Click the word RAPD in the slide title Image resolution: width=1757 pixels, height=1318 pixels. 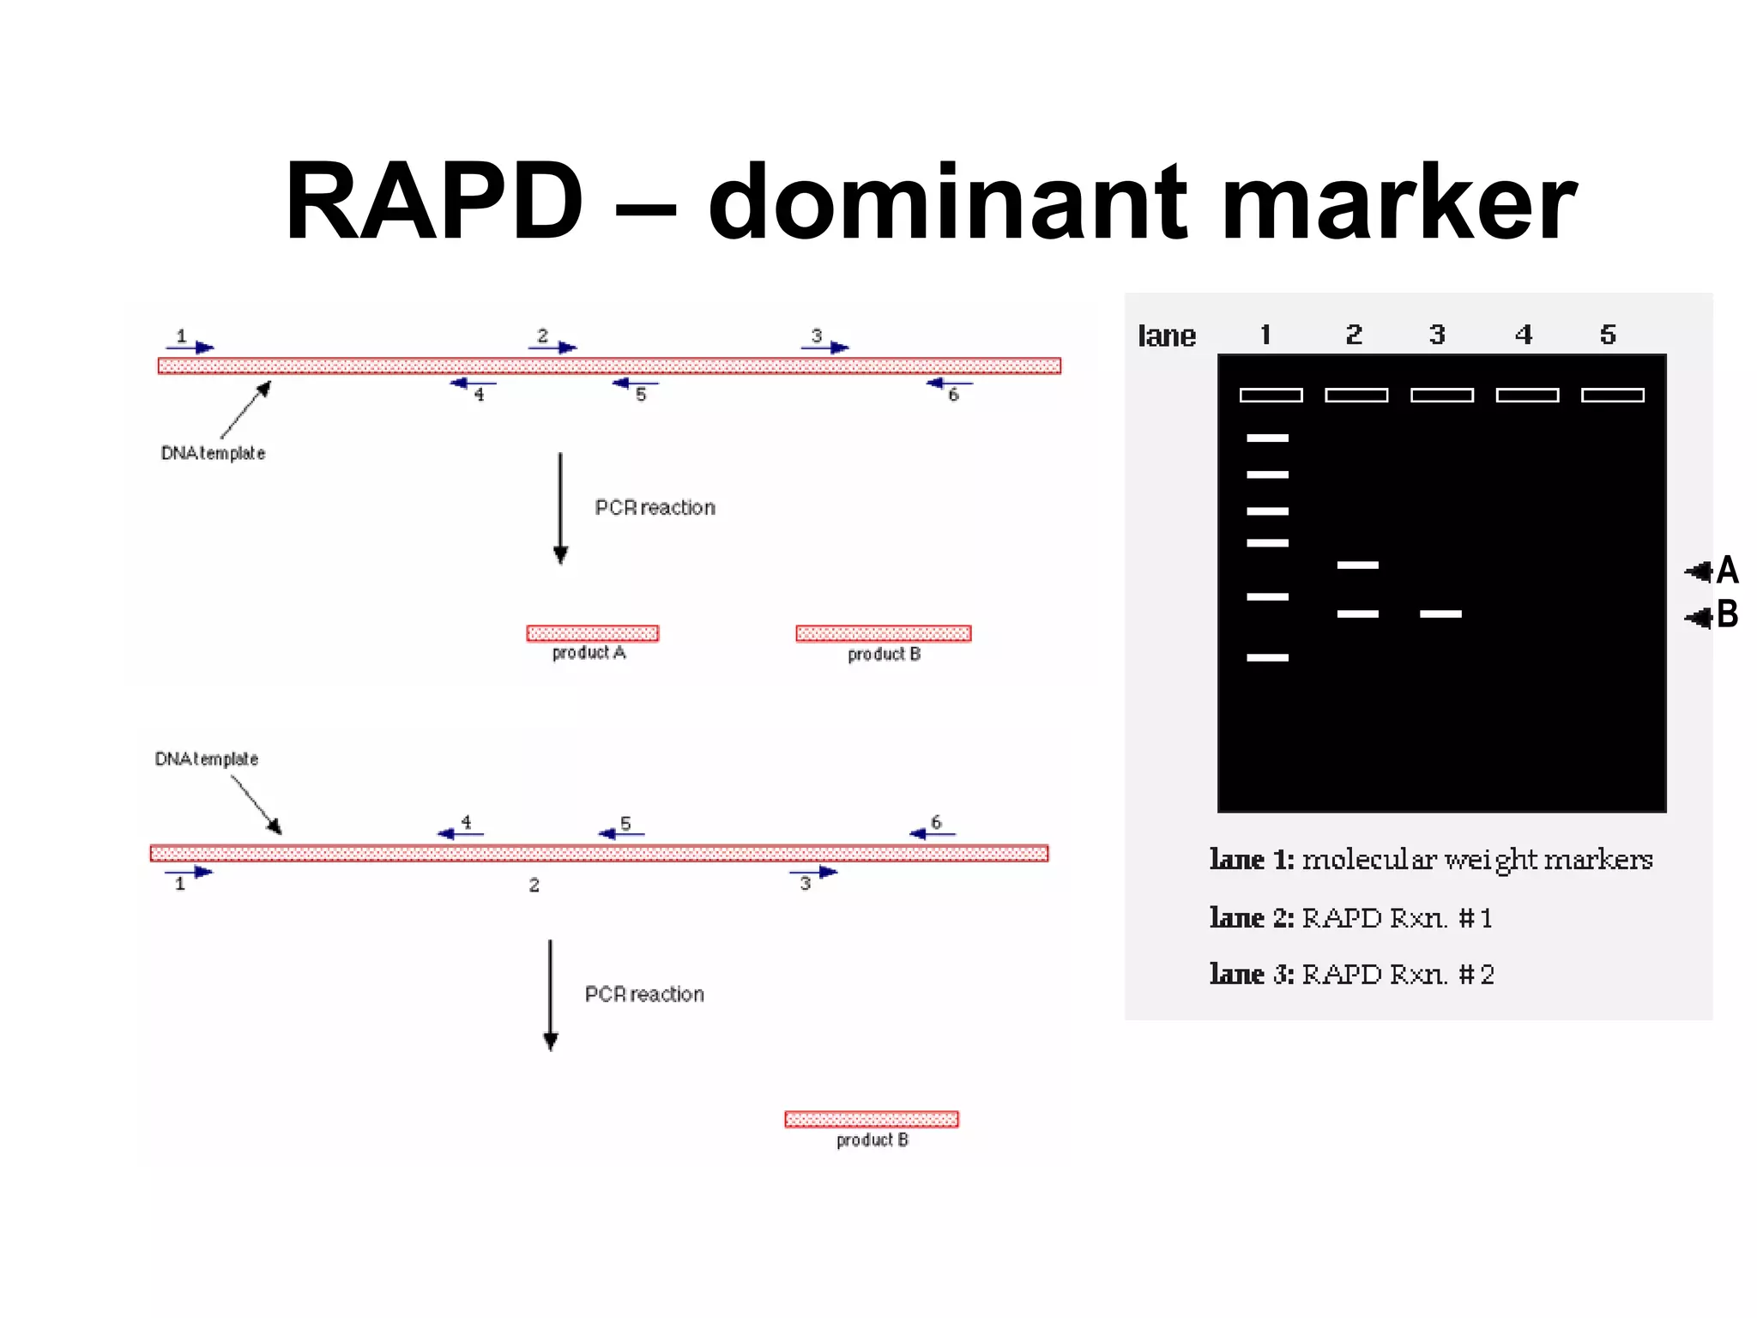(434, 203)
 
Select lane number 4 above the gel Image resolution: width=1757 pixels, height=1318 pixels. (1524, 335)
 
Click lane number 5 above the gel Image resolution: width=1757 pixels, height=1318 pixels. (1608, 335)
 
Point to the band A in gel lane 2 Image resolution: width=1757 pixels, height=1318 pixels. (1357, 565)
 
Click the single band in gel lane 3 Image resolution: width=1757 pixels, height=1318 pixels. (1440, 614)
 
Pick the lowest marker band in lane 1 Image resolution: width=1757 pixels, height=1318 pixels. (1267, 657)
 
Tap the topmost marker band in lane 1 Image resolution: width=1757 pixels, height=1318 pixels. (1267, 438)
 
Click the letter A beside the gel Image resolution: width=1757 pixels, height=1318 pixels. (1727, 570)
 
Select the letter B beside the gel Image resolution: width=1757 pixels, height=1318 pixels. (1727, 614)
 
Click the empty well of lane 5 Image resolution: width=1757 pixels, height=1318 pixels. (1612, 396)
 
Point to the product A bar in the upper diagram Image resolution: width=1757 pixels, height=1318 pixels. (593, 633)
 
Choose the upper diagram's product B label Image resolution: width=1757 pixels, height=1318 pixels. (884, 655)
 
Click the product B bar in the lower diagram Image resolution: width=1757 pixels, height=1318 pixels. (872, 1119)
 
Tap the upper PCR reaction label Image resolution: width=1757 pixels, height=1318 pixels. (655, 508)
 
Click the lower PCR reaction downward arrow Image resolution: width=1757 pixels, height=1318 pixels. (551, 995)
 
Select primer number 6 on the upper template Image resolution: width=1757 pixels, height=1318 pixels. (952, 395)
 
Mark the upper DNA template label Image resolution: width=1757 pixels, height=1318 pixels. (213, 453)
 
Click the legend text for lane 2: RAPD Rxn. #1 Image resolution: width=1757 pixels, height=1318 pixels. (1351, 918)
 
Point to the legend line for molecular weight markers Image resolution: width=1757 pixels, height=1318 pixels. (1431, 860)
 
